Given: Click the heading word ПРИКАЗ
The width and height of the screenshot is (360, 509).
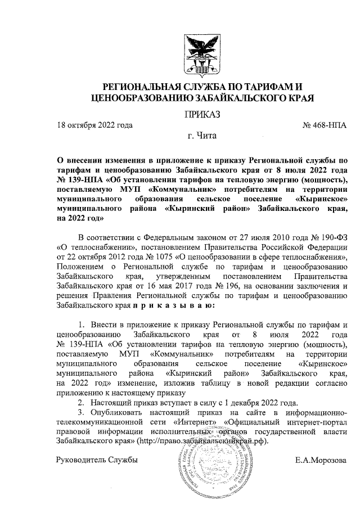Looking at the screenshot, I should tap(202, 114).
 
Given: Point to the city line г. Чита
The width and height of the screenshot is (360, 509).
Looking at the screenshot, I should tap(201, 136).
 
